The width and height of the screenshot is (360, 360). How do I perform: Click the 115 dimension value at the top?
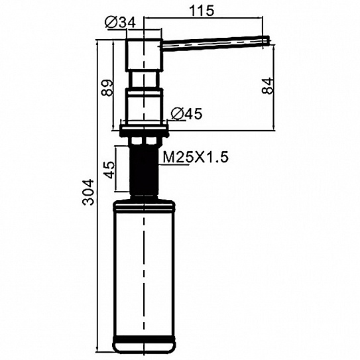pyautogui.click(x=202, y=11)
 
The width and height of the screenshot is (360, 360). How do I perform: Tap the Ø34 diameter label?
pyautogui.click(x=120, y=23)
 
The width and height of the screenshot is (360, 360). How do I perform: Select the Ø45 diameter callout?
pyautogui.click(x=187, y=113)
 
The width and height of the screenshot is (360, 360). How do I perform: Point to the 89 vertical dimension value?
pyautogui.click(x=107, y=88)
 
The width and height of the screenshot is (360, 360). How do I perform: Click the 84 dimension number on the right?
pyautogui.click(x=267, y=86)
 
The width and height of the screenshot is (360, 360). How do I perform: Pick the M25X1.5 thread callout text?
pyautogui.click(x=196, y=157)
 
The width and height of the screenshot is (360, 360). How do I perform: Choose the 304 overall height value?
pyautogui.click(x=88, y=192)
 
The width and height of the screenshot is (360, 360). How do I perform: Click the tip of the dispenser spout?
pyautogui.click(x=269, y=40)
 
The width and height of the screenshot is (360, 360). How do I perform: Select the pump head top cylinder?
pyautogui.click(x=144, y=55)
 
